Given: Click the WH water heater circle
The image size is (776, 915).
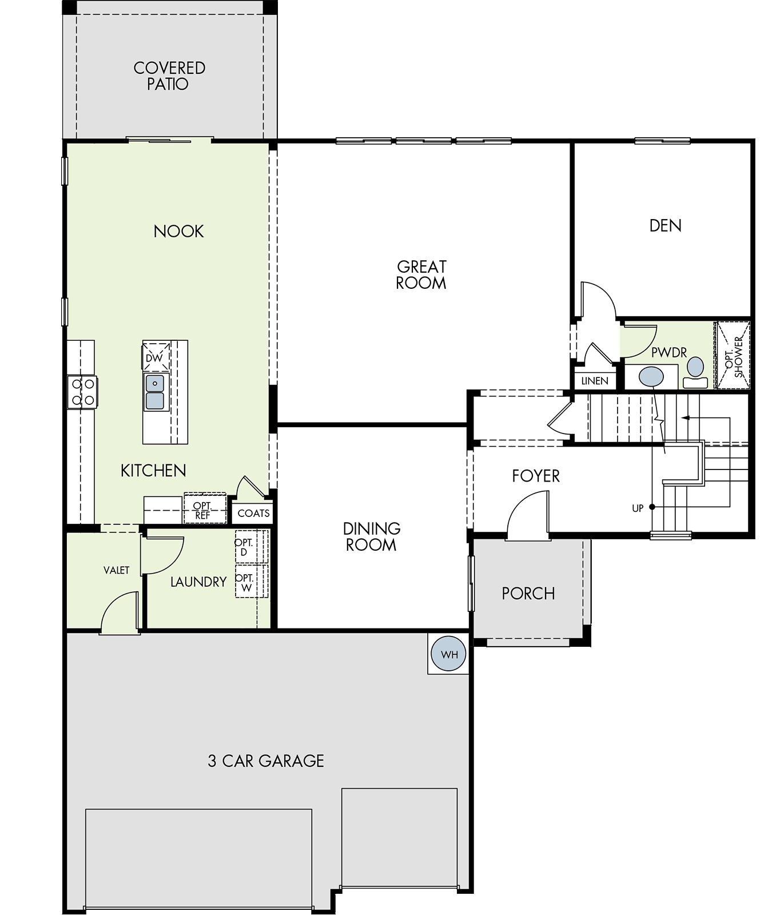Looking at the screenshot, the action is coord(449,654).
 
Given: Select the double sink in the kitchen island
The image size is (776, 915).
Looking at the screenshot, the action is coord(154,392).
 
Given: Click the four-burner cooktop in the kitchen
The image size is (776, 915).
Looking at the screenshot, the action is coord(82,392).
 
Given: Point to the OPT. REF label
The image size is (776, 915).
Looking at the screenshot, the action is coord(202,510).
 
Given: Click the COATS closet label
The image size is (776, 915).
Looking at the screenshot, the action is coord(253,513).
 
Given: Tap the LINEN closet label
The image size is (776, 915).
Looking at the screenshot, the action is coord(595,381).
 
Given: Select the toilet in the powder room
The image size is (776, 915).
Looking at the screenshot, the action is coord(695,373).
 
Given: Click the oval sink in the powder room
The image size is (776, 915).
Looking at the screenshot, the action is coord(651,377).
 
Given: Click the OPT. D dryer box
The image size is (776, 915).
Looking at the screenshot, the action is coord(251,547).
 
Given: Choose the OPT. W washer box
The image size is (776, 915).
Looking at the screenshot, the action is coord(251,582).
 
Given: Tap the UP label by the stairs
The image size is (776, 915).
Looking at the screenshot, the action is coord(638,508).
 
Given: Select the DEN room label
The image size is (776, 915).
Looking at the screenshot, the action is coord(665,225).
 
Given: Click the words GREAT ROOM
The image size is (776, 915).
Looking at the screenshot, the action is coord(421,274).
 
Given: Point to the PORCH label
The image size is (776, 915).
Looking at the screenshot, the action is coord(528,594).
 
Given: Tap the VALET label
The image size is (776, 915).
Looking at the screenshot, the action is coord(116,570).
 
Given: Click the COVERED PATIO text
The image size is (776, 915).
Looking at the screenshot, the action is coord(169,76).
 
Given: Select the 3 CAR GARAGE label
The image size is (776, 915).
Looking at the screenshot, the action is coord(266,761).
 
